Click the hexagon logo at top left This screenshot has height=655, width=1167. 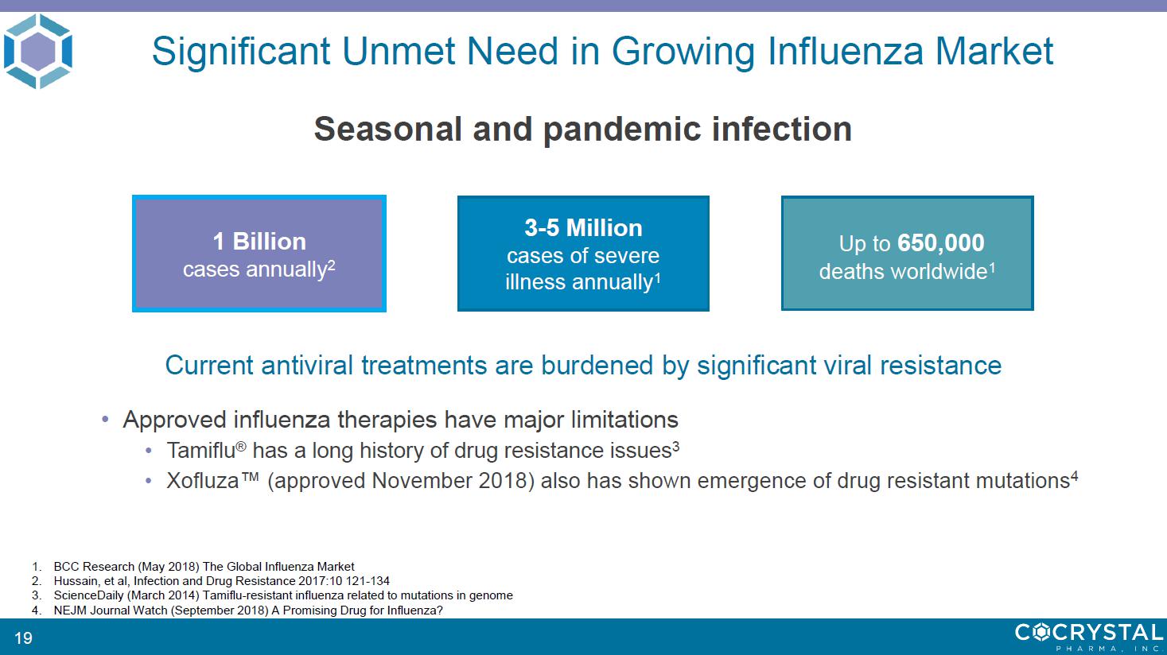37,51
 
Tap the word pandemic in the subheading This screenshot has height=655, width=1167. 622,129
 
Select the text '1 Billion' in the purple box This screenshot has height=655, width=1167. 259,241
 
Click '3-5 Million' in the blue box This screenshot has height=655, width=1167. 584,227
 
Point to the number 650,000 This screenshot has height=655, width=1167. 941,242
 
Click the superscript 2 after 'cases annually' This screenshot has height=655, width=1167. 331,265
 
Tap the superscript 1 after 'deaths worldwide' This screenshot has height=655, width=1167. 992,268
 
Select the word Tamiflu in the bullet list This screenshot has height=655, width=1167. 201,451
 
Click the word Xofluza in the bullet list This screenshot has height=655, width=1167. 203,481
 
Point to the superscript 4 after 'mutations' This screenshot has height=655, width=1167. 1074,476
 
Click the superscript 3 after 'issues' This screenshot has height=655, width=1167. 675,446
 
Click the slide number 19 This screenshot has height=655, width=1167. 23,638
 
